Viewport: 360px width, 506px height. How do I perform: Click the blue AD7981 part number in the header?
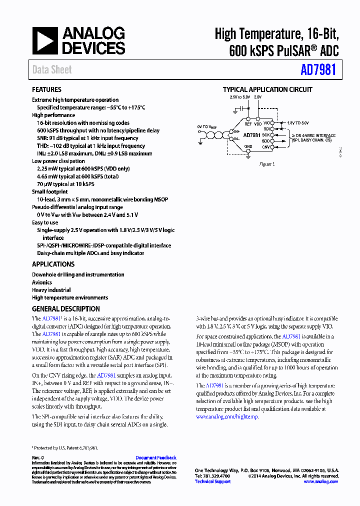point(318,70)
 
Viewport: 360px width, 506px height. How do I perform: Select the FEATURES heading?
point(46,89)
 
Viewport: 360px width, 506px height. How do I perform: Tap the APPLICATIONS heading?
point(53,264)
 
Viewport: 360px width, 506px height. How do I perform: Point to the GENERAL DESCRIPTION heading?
point(66,309)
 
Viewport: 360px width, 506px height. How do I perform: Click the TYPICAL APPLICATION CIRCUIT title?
point(267,89)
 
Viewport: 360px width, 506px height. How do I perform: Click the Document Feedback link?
point(156,457)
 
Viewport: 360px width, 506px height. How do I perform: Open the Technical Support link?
point(212,481)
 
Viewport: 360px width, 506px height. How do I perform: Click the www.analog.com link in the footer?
point(321,481)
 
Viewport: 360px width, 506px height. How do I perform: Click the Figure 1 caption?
point(266,164)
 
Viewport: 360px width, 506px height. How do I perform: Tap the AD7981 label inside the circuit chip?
point(251,135)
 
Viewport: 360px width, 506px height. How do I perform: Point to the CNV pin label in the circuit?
point(266,147)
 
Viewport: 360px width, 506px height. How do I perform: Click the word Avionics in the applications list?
point(42,282)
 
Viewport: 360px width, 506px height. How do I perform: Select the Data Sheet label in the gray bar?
point(52,70)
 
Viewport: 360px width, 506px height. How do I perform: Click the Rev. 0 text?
point(38,457)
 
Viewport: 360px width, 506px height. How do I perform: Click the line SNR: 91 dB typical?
point(87,138)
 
